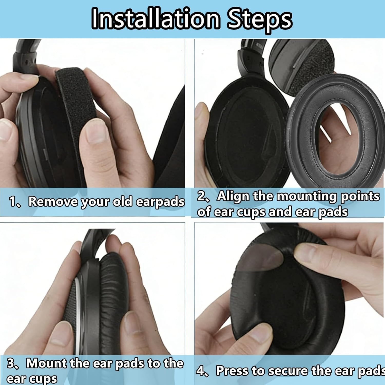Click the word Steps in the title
tap(259, 19)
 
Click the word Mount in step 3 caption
tap(46, 363)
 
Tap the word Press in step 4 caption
tap(232, 371)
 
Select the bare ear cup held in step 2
tap(241, 133)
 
